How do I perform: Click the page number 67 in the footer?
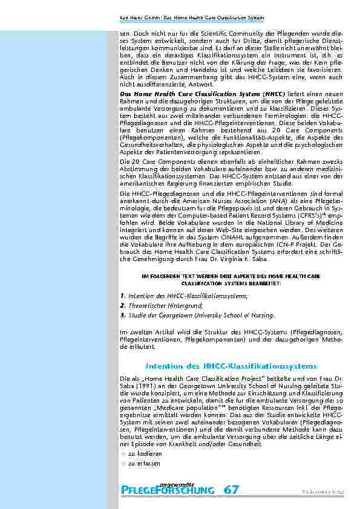pyautogui.click(x=231, y=491)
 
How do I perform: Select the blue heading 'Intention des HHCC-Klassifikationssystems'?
pyautogui.click(x=231, y=367)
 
